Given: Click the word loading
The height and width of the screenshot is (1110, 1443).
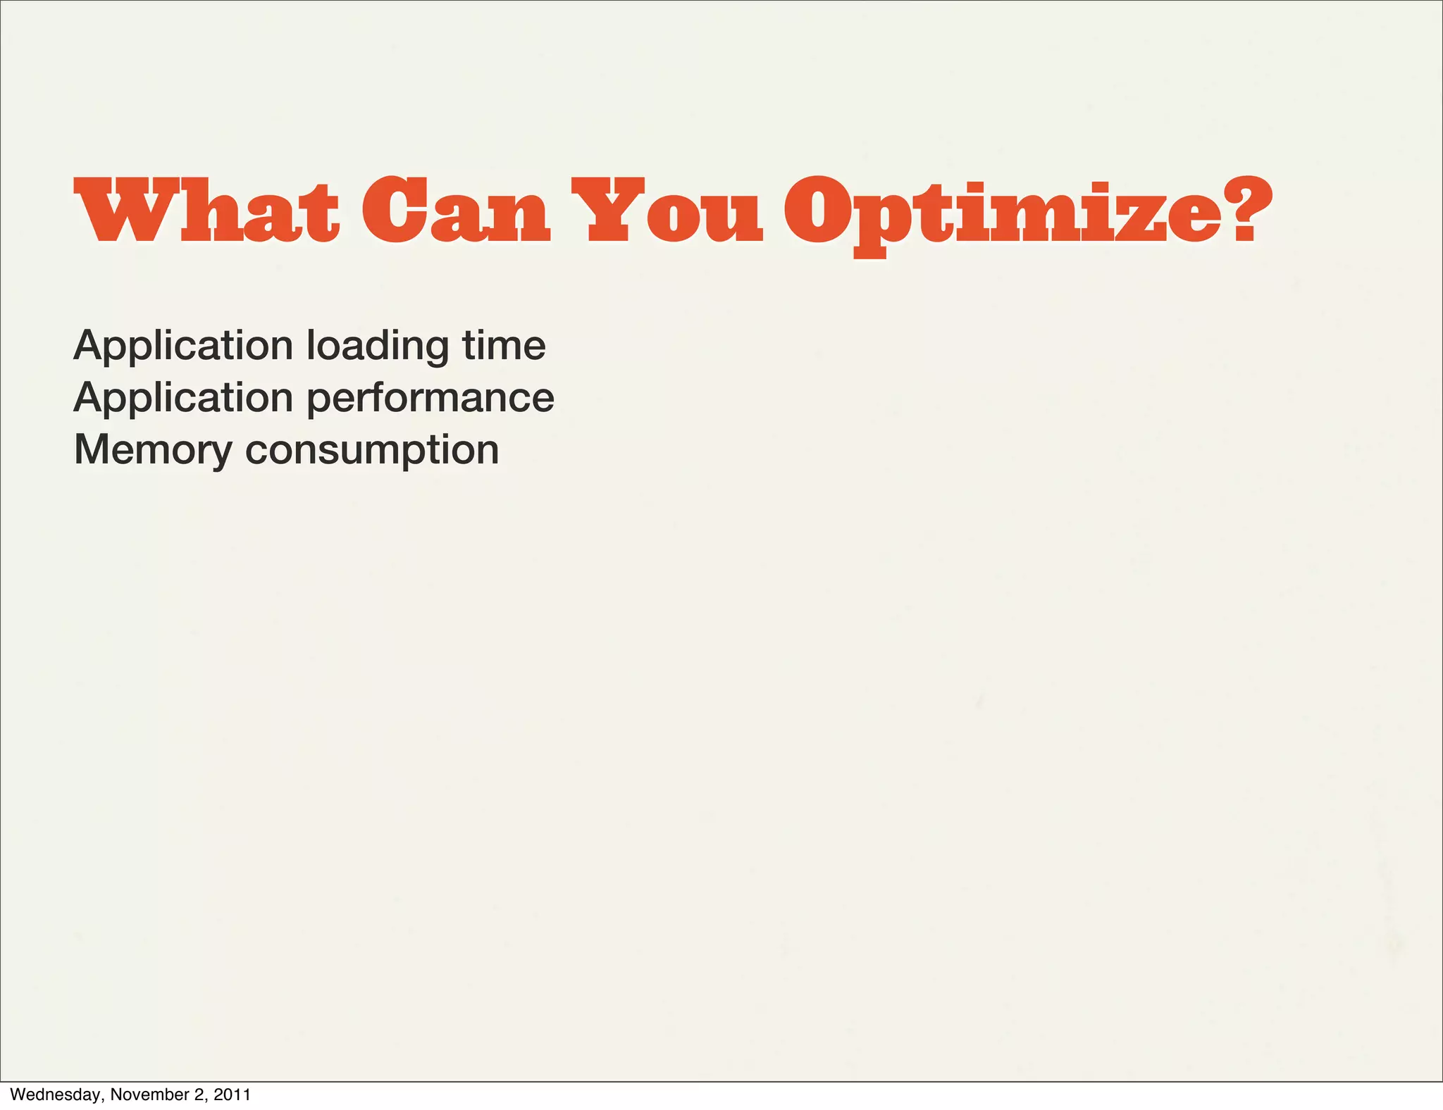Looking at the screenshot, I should click(377, 347).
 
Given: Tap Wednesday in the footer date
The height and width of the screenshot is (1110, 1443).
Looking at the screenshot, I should click(58, 1095).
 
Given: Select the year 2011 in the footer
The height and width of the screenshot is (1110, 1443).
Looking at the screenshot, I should click(233, 1095).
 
